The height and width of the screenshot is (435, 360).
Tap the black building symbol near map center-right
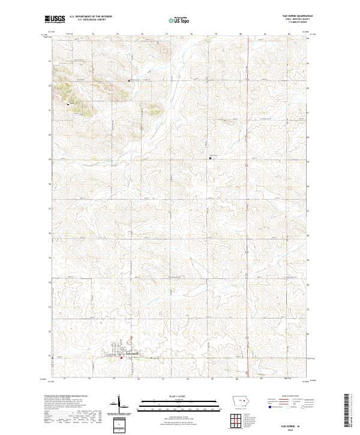pyautogui.click(x=210, y=158)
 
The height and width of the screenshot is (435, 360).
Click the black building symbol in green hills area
pyautogui.click(x=68, y=104)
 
